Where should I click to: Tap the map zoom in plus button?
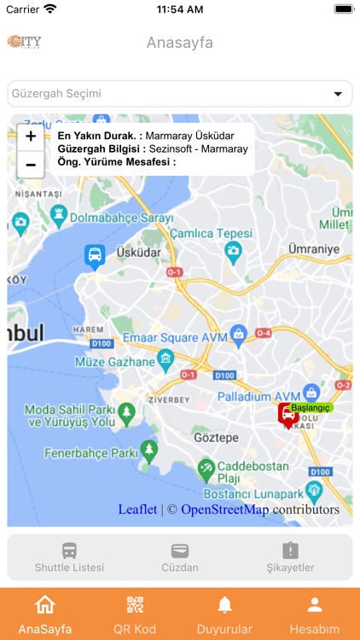pos(31,136)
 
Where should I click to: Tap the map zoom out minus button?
pos(31,164)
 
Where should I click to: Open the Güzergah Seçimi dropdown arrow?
pos(338,94)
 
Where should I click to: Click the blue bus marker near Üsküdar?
pos(95,255)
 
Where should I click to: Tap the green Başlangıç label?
pos(311,408)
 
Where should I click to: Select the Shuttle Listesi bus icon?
pos(69,550)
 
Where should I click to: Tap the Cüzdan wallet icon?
pos(180,550)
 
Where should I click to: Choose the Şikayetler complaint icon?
pos(290,550)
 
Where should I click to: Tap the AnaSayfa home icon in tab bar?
pos(45,605)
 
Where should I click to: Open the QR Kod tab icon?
pos(135,605)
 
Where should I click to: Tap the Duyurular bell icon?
pos(225,605)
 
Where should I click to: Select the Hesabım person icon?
pos(315,605)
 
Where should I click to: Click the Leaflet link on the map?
pos(137,509)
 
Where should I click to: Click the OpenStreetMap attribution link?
pos(224,509)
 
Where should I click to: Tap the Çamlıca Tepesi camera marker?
pos(232,251)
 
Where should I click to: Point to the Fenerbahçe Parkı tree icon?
pos(150,448)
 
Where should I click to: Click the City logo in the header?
pos(25,42)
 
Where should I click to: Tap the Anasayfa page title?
pos(180,43)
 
